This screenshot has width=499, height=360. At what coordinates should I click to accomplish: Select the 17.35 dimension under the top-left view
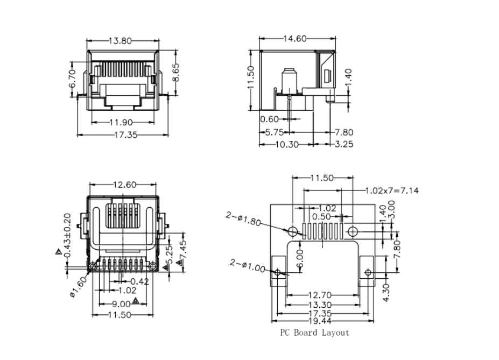pos(124,135)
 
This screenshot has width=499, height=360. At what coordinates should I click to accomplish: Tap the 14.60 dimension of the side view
pos(295,38)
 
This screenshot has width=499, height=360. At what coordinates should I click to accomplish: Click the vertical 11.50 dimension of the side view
pos(250,80)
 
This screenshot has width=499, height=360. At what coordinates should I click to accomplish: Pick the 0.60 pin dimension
pos(270,119)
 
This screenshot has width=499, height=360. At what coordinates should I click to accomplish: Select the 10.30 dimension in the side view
pos(286,145)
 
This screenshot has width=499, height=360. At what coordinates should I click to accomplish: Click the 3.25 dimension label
pos(343,145)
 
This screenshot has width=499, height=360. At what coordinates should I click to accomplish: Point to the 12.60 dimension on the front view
pos(125,185)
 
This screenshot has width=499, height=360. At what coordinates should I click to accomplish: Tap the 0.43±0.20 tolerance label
pos(67,236)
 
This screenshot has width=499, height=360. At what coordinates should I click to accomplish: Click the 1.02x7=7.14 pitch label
pos(391,190)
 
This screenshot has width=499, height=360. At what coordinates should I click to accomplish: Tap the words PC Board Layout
pos(314,333)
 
